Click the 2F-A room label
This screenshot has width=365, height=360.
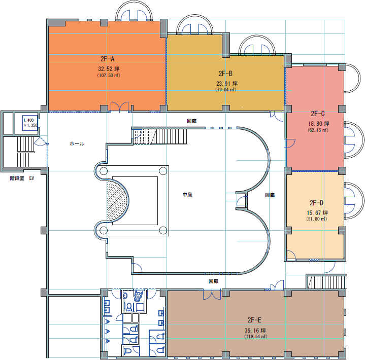(107, 59)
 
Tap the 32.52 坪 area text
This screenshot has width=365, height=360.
(109, 69)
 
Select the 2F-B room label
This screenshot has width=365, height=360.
(225, 74)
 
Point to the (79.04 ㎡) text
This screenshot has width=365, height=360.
(226, 90)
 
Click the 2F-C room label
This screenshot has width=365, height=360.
(317, 114)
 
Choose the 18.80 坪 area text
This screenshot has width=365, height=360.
(319, 124)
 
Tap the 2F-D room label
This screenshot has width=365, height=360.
(316, 203)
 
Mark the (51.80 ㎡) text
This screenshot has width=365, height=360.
(317, 219)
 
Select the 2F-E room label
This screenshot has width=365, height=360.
(254, 320)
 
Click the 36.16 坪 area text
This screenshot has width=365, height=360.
(255, 330)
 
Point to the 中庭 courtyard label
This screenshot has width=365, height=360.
(187, 194)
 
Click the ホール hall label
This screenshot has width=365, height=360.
(77, 143)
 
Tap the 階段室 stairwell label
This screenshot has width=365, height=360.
(17, 178)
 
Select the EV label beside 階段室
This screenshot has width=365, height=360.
(31, 178)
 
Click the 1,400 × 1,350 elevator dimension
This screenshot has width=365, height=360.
(30, 123)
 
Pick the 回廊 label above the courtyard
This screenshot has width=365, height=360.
(192, 121)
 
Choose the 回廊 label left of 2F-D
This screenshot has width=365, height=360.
(270, 195)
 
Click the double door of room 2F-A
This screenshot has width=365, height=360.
(119, 107)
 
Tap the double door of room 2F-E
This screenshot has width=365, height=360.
(212, 294)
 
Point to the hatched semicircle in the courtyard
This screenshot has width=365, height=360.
(117, 201)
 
